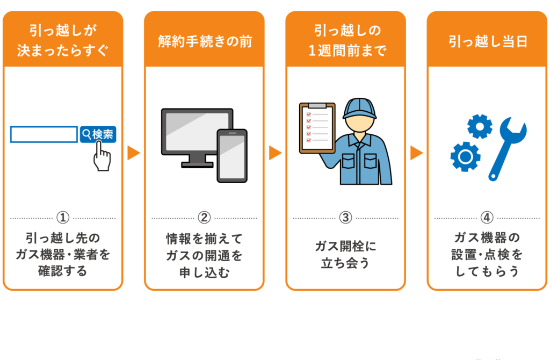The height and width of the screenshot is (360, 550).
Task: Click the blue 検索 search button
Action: click(98, 134)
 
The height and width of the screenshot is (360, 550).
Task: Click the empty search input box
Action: click(44, 134)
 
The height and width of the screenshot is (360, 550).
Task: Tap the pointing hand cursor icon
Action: click(102, 158)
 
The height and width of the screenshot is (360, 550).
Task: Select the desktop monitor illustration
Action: click(197, 135)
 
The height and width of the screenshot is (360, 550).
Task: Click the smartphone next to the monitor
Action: click(232, 155)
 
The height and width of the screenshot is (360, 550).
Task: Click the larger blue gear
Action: click(465, 156)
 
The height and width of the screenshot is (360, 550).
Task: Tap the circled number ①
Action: click(63, 218)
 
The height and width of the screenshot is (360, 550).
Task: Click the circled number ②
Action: click(204, 218)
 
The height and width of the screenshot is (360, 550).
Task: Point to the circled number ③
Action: click(345, 218)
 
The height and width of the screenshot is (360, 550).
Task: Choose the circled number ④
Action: click(487, 218)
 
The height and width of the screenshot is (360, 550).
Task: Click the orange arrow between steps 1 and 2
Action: click(133, 153)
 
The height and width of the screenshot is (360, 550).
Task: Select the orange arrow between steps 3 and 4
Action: click(416, 153)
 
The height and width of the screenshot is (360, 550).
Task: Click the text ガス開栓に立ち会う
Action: click(345, 255)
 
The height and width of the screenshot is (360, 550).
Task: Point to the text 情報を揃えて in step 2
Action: click(204, 237)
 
